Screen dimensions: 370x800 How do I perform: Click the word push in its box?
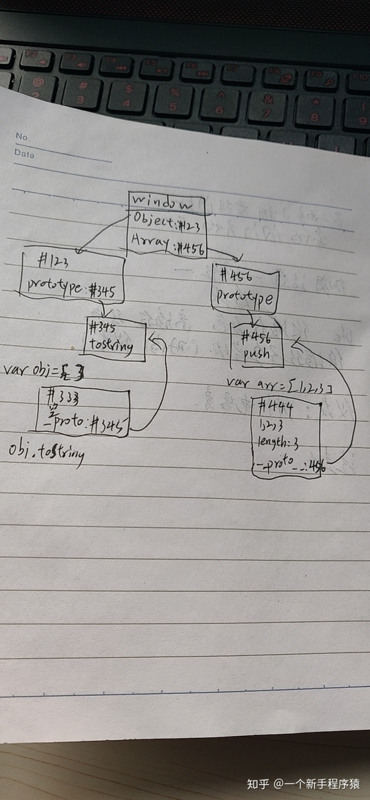256,354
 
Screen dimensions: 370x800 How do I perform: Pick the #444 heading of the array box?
275,408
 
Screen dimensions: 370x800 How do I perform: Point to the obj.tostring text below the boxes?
46,452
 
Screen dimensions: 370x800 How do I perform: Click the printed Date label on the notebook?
24,153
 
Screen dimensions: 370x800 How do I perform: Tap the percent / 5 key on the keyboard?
174,99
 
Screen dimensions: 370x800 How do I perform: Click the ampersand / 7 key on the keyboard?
267,105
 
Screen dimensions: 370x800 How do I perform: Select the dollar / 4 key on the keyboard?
127,95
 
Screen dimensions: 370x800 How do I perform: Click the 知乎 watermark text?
258,784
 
